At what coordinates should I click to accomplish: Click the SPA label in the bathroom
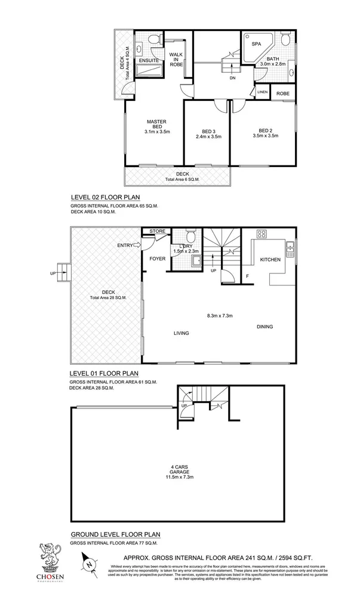point(256,44)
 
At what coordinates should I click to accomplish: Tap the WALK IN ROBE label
point(176,59)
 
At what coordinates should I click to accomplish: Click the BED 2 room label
point(265,131)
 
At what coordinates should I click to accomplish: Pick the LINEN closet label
point(262,93)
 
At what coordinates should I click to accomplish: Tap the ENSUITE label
point(148,60)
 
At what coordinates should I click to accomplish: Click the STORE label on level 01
point(157,230)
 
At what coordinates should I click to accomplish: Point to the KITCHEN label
point(270,260)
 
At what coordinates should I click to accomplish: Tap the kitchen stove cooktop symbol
point(262,234)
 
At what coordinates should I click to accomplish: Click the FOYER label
point(157,259)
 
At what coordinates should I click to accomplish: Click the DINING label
point(265,327)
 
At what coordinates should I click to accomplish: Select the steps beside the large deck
point(64,272)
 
